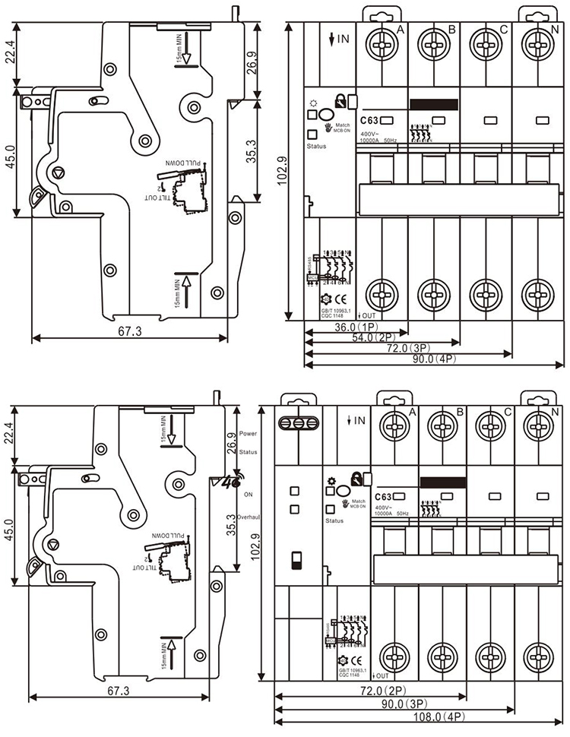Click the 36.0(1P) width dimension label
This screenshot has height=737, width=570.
click(355, 327)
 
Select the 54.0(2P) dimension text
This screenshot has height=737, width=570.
click(377, 338)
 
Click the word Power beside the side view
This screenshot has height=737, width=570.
click(248, 433)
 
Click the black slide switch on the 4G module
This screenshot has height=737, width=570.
click(296, 561)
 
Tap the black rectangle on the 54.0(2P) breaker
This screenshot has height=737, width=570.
click(433, 105)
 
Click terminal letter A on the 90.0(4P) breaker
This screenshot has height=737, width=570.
click(401, 30)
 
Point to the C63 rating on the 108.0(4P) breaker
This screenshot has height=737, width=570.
click(384, 496)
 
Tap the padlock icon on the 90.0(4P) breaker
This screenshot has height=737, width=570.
click(342, 99)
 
